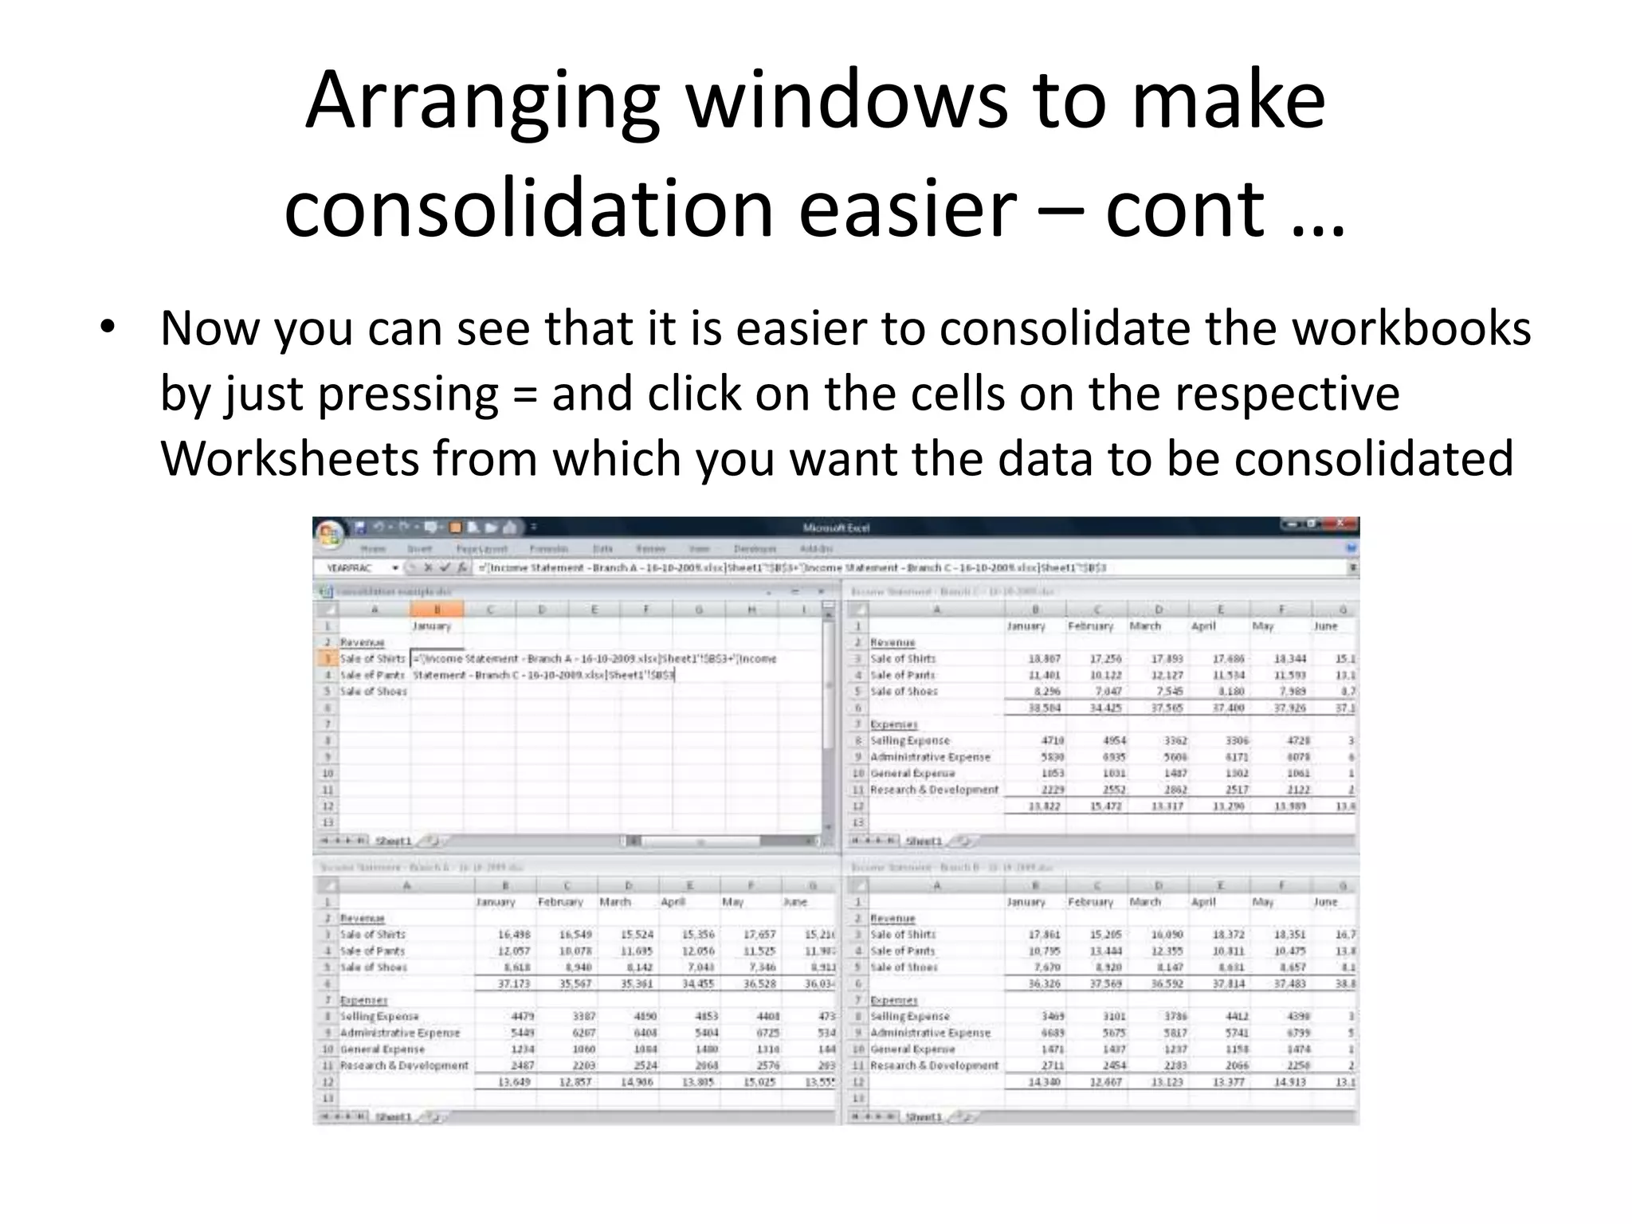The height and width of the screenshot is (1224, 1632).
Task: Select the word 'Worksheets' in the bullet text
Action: (x=288, y=460)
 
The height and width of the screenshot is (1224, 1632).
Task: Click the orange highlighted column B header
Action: (x=437, y=610)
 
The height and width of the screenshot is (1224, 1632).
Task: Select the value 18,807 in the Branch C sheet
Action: (x=1044, y=659)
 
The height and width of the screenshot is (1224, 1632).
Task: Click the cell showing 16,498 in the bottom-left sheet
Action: (x=514, y=935)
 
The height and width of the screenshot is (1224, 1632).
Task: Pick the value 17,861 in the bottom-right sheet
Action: (x=1044, y=935)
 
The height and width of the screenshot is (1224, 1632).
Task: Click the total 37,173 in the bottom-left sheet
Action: (x=514, y=984)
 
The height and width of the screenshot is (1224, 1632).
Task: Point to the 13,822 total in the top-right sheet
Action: (x=1044, y=806)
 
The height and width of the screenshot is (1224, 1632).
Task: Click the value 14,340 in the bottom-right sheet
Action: (x=1044, y=1082)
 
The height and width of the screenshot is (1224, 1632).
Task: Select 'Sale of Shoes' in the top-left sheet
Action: (x=373, y=692)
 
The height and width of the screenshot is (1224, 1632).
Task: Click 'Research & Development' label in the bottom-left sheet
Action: (x=404, y=1065)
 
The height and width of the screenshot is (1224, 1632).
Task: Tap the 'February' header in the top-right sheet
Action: (x=1090, y=626)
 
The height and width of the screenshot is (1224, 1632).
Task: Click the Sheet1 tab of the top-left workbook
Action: (x=394, y=841)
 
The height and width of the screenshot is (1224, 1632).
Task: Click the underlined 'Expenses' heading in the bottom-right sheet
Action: (x=893, y=1000)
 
